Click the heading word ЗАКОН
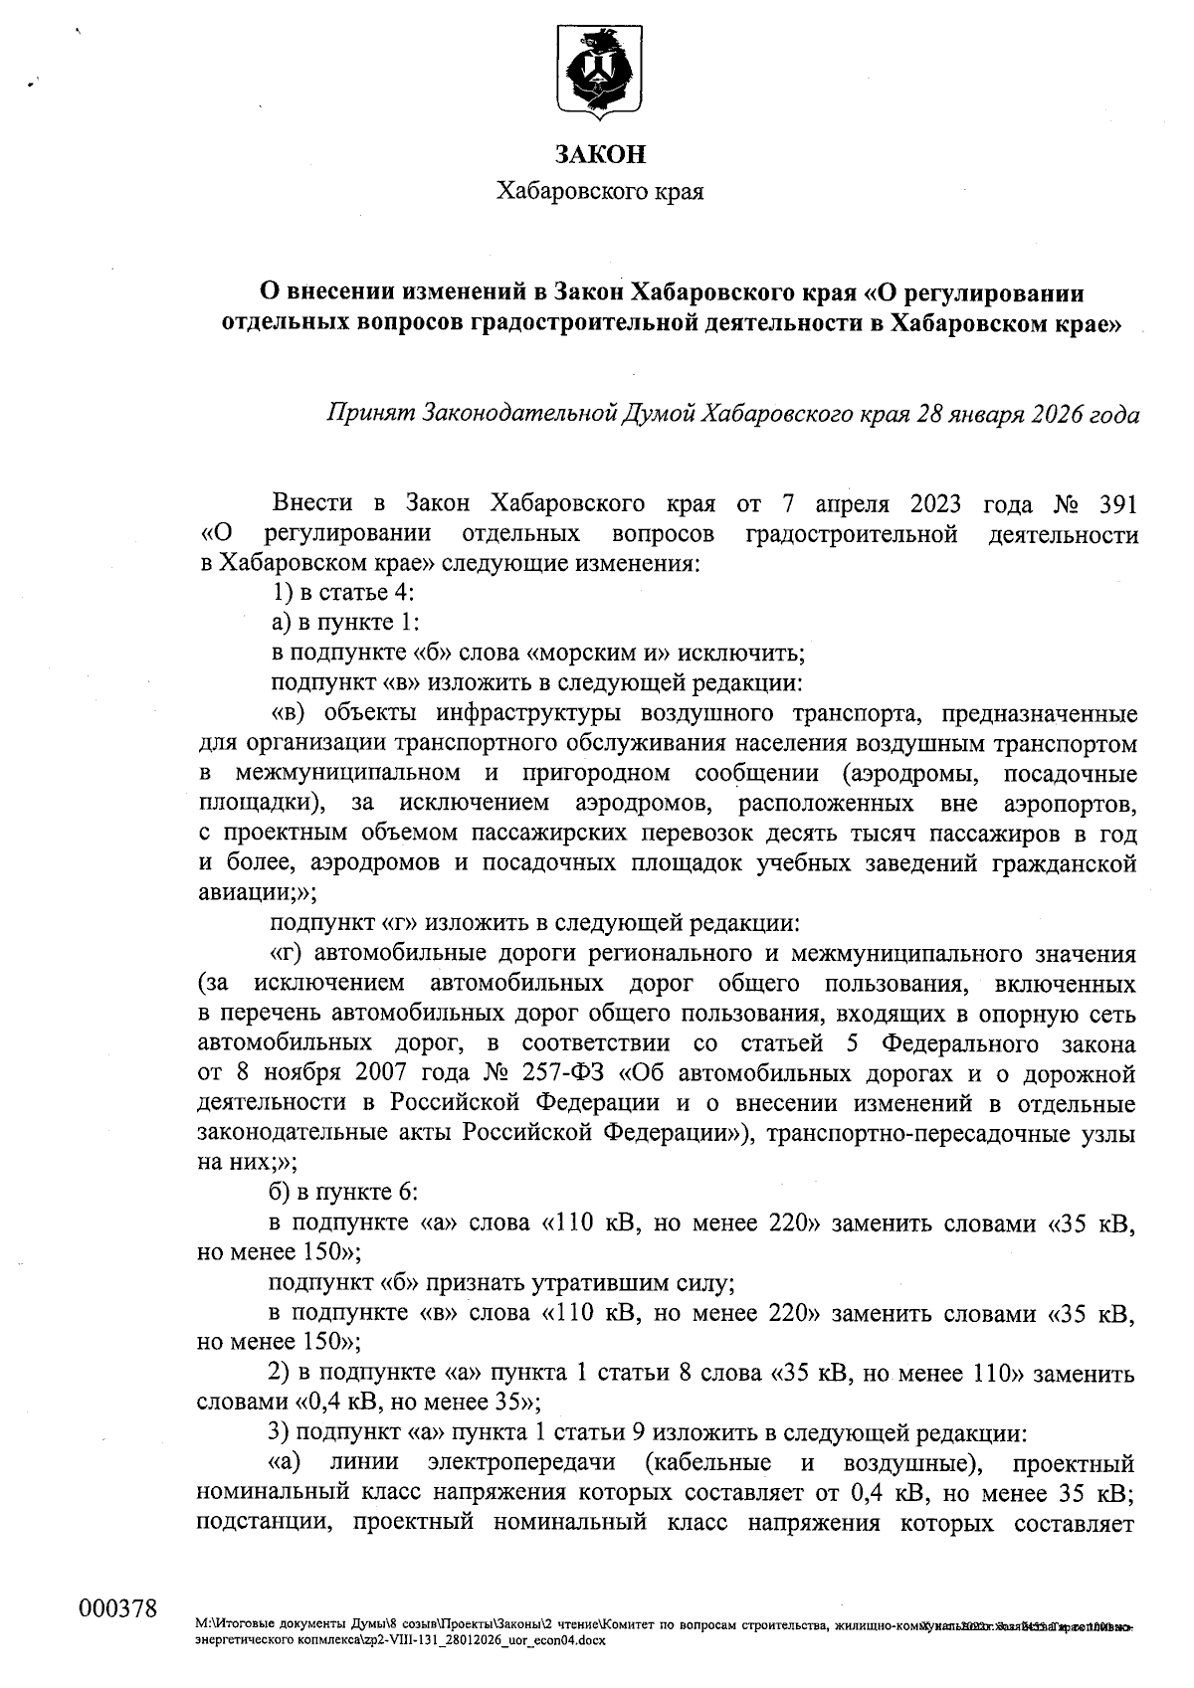coord(599,154)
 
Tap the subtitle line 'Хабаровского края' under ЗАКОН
coord(599,191)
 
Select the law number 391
coord(1113,504)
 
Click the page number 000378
coord(117,1608)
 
